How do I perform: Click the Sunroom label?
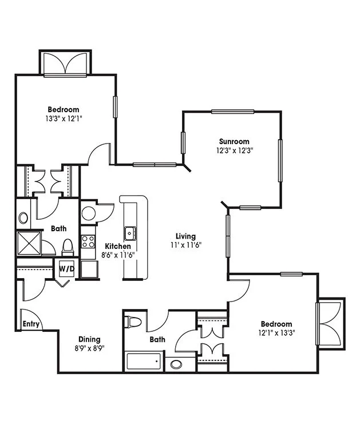click(234, 141)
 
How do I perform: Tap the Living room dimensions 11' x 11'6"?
click(186, 245)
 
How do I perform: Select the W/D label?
click(67, 268)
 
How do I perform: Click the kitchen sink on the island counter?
click(130, 233)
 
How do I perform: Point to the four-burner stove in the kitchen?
click(88, 241)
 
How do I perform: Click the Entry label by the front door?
click(31, 324)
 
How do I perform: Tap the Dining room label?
click(89, 339)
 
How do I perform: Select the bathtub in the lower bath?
click(144, 362)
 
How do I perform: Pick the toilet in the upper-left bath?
click(68, 247)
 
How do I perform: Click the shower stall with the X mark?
click(29, 243)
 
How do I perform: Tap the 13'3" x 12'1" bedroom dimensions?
click(64, 119)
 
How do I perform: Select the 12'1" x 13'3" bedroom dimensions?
click(276, 333)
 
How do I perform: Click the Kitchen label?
click(118, 246)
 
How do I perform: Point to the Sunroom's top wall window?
click(232, 112)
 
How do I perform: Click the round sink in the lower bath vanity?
click(176, 364)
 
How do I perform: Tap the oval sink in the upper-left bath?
click(23, 218)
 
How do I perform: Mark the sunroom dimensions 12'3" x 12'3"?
click(235, 150)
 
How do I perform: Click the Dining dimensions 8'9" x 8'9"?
click(89, 348)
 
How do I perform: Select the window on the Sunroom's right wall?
click(280, 160)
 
